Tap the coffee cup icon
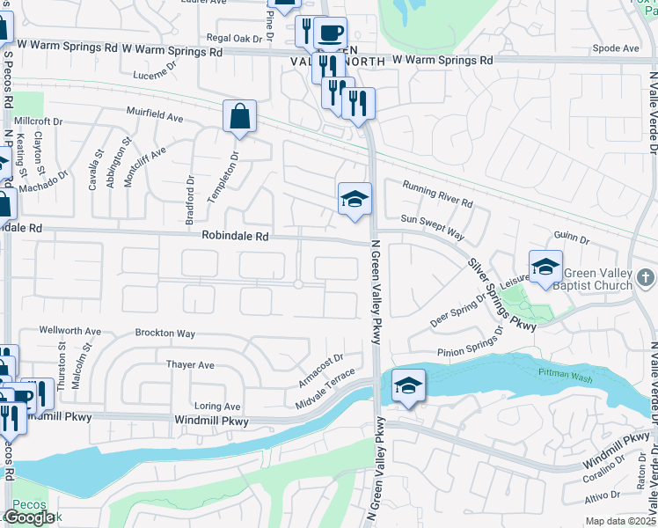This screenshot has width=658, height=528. point(330,33)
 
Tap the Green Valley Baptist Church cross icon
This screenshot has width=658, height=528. point(646,278)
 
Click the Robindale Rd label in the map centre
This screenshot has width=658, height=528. point(235,236)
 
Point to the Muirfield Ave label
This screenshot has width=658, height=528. point(154,115)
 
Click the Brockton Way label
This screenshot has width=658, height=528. point(164,334)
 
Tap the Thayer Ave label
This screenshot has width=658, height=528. point(190,364)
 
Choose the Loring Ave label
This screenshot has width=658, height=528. point(217,407)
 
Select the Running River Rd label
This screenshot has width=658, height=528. point(437,194)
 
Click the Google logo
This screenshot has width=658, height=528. point(29,517)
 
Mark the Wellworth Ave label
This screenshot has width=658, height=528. point(70,331)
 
